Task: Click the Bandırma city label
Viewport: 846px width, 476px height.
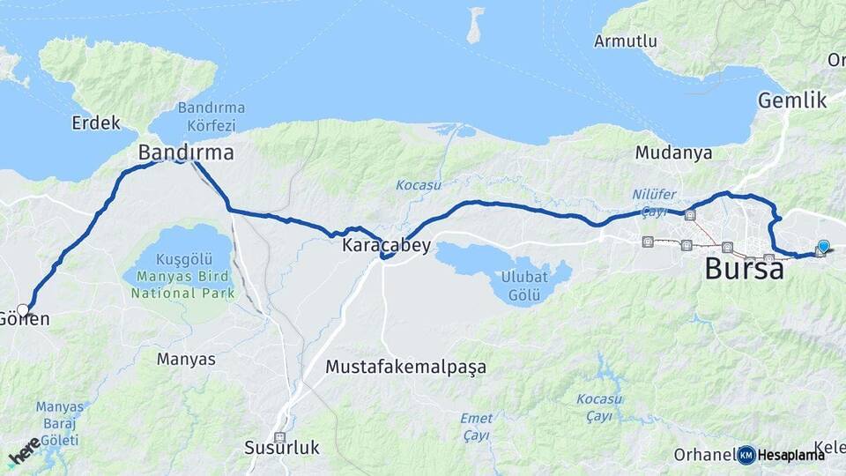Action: coord(186,152)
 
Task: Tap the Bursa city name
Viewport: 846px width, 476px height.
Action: coord(744,269)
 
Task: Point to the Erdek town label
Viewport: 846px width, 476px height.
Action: coord(96,123)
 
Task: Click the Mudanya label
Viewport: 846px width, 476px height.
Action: coord(673,152)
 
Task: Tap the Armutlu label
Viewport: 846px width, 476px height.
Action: coord(626,41)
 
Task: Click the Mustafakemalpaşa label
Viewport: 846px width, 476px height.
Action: coord(405,366)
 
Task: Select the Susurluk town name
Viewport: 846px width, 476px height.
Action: coord(282,448)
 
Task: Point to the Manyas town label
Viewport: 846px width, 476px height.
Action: coord(186,359)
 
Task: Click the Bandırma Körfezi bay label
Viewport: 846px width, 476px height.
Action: coord(211,115)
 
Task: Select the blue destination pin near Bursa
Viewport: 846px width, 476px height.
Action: coord(823,247)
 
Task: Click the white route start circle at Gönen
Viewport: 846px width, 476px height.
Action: coord(23,309)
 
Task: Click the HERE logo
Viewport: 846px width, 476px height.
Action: coord(24,451)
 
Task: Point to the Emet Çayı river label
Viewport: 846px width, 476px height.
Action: coord(476,426)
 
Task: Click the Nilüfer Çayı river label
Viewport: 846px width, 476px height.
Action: coord(652,202)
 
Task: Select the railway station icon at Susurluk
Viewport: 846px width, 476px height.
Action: coord(279,437)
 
